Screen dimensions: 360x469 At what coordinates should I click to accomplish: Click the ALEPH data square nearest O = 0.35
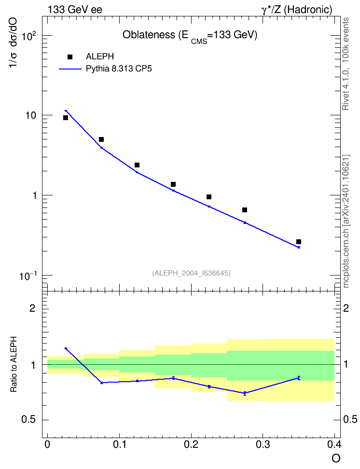coord(298,242)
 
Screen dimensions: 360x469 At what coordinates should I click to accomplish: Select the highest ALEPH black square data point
coord(66,118)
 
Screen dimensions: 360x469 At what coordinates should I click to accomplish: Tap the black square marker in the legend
coord(69,57)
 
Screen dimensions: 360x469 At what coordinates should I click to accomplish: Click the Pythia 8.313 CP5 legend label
coord(119,69)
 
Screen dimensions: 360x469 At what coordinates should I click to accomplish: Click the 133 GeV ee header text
coord(75,10)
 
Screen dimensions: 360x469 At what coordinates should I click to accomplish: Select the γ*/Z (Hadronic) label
coord(297,10)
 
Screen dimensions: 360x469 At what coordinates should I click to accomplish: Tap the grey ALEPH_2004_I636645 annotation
coord(191,273)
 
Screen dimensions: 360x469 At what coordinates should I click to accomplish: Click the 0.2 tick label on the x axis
coord(191,444)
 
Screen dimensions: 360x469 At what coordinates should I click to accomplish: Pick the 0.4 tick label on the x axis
coord(334,444)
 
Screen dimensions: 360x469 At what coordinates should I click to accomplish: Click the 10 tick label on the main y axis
coord(30,115)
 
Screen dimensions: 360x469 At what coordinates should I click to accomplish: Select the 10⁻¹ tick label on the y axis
coord(28,276)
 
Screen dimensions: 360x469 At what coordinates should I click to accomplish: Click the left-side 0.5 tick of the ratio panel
coord(28,419)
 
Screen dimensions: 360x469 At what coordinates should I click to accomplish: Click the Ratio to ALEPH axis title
coord(14,364)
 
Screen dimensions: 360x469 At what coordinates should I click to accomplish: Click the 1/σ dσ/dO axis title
coord(13,42)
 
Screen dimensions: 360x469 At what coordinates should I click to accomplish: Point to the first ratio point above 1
coord(66,348)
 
